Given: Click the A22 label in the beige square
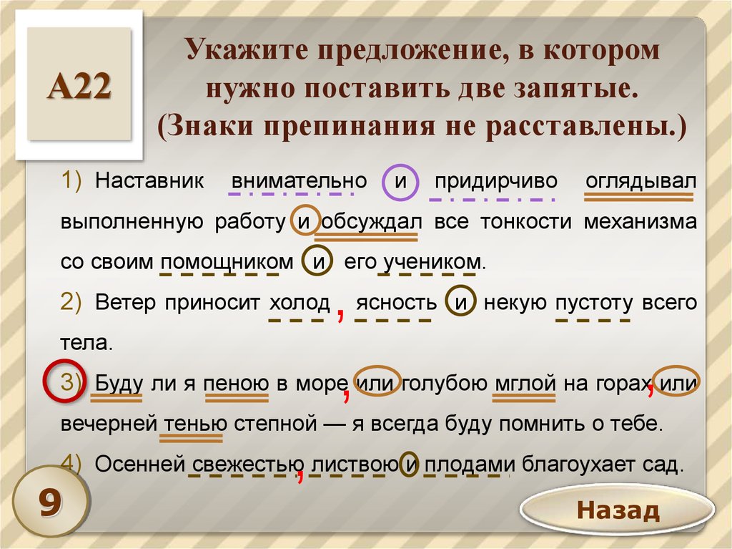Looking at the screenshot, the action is [79, 87].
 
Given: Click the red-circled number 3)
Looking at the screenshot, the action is [64, 381].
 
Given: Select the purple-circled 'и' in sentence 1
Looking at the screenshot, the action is [400, 181].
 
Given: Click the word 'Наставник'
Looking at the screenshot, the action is [149, 180].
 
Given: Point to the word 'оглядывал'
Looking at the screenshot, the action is [640, 181].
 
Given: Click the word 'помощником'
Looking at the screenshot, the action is [227, 262].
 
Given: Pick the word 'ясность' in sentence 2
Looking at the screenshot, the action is [396, 303].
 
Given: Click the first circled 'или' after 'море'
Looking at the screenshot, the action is [377, 382].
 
